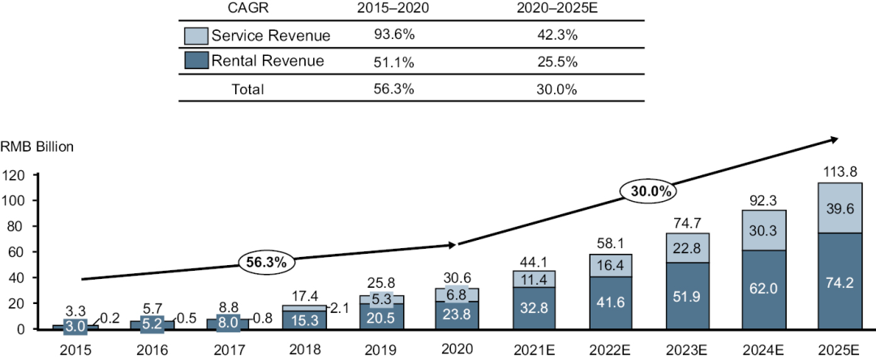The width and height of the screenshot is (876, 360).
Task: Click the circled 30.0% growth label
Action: [x=651, y=191]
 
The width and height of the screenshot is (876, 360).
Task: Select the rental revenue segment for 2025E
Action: [x=839, y=281]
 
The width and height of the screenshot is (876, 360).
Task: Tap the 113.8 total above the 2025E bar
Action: [x=840, y=172]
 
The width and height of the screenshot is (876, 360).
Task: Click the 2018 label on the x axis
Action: [x=305, y=349]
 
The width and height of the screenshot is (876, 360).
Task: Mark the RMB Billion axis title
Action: [x=38, y=147]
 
